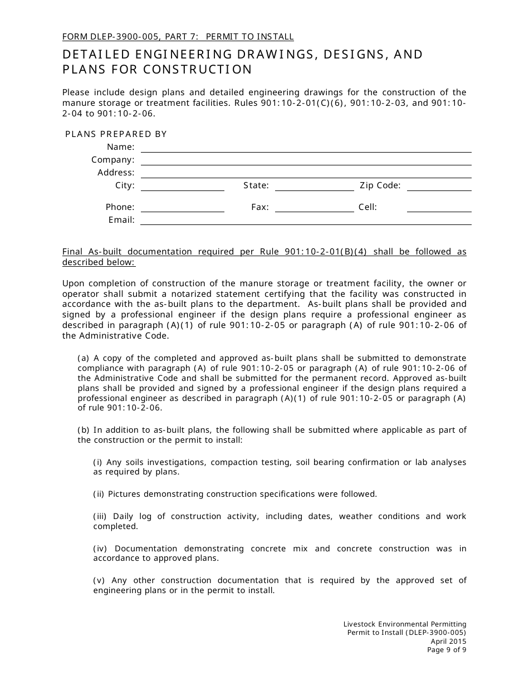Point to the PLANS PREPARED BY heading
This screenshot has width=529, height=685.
[116, 134]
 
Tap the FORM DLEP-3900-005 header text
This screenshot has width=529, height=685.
[119, 37]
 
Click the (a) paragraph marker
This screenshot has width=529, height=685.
[83, 358]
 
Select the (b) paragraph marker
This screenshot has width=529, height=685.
[83, 430]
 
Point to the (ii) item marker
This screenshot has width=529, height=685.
[99, 494]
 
